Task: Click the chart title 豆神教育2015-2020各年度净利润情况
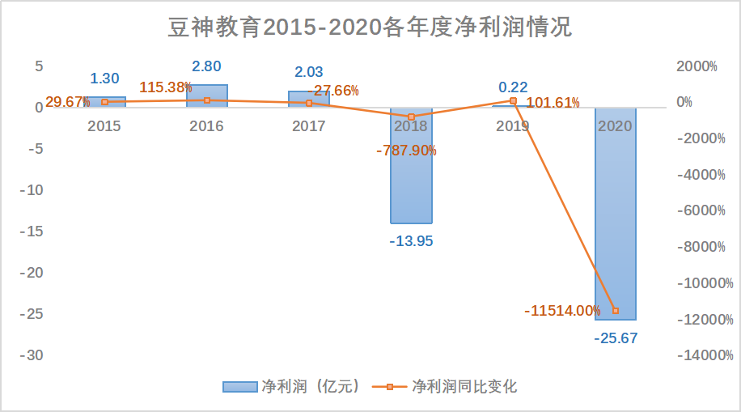[370, 28]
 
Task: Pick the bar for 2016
[206, 96]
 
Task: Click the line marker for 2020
[616, 311]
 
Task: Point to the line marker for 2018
[411, 117]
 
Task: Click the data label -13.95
[411, 241]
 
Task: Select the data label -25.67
[616, 338]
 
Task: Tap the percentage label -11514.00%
[562, 311]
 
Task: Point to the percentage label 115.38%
[165, 87]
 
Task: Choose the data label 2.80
[206, 66]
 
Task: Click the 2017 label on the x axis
[308, 126]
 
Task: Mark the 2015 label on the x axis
[104, 126]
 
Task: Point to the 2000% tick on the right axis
[701, 66]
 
